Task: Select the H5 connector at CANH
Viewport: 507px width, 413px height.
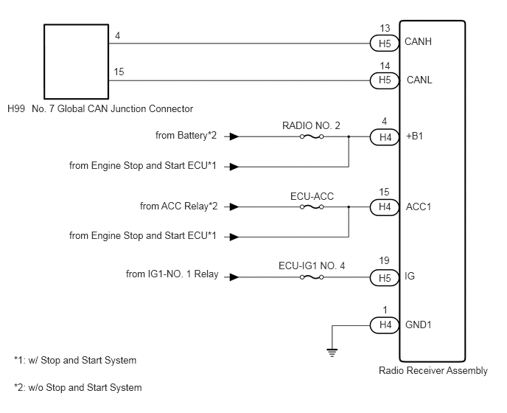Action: pos(385,44)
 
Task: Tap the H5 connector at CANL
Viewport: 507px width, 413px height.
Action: pos(385,80)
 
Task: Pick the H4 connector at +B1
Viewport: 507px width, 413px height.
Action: pos(385,137)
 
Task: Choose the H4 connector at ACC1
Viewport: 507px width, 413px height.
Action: pos(385,206)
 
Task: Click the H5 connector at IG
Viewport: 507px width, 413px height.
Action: pos(385,278)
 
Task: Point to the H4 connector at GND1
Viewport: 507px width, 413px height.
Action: pos(385,325)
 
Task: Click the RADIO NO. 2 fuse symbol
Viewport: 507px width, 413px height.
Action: pos(312,136)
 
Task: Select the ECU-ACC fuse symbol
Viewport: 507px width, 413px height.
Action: pos(312,206)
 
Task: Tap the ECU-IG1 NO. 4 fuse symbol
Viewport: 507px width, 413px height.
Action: pos(312,277)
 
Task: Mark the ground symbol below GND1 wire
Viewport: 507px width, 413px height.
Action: pos(332,352)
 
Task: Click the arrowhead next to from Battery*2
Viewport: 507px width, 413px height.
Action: pos(234,136)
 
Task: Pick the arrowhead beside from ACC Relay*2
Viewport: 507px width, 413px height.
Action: pos(234,206)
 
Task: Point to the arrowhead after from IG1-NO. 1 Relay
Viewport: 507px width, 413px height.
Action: pos(234,277)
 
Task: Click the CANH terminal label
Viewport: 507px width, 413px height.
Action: pos(418,42)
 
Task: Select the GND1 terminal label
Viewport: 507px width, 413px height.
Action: pos(419,324)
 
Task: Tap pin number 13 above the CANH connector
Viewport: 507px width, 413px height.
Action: pos(385,29)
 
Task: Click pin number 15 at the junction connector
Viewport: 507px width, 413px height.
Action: pos(119,72)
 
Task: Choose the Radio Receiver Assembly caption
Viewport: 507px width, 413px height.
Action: pos(433,371)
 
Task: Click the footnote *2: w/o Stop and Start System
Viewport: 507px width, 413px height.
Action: pos(78,387)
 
